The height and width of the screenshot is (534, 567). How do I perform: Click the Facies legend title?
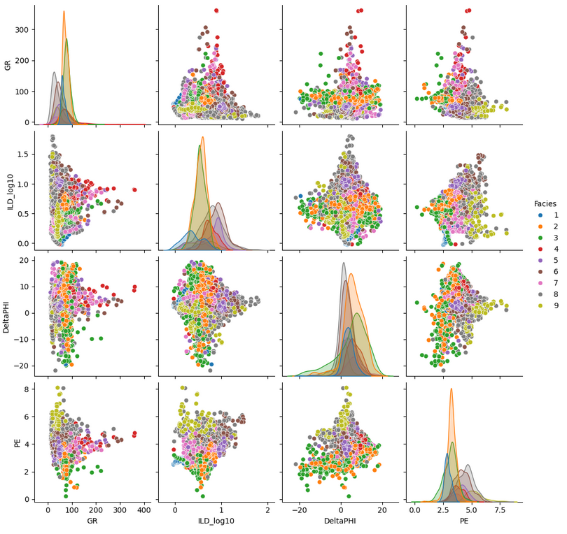540,203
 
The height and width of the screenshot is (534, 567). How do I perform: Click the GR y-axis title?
7,65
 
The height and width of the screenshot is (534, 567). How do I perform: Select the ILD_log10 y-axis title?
7,191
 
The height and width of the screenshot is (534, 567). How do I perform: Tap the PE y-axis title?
7,441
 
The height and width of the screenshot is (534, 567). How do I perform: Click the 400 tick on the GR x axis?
144,512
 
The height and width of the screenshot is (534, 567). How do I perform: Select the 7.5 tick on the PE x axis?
500,512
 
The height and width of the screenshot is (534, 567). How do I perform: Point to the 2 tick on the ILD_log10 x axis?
268,512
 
